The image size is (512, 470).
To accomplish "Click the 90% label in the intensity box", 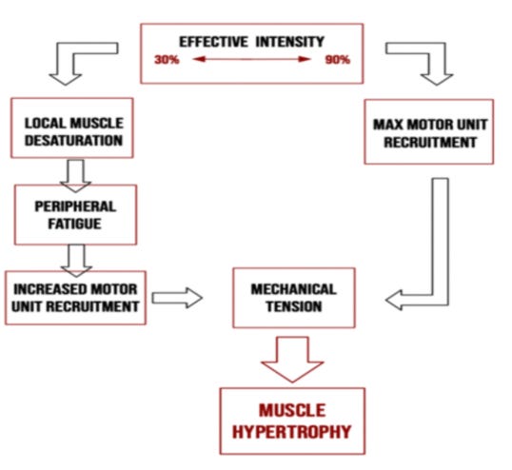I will click(x=337, y=60).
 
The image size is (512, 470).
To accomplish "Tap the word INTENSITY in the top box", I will click(x=289, y=42).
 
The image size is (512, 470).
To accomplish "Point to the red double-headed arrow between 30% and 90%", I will click(x=252, y=60).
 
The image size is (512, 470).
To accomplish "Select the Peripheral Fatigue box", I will click(x=75, y=214).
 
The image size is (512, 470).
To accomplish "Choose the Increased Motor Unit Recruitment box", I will click(x=75, y=297).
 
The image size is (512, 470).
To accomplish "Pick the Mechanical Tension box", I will click(x=293, y=298).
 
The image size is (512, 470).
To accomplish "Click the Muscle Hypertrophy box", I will click(x=291, y=419).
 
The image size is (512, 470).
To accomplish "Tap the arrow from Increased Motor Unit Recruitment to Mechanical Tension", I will click(x=178, y=298).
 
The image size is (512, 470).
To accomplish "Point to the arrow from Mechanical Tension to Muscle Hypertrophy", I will click(x=292, y=354).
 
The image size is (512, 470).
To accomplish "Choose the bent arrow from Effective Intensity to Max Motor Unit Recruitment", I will click(x=423, y=59).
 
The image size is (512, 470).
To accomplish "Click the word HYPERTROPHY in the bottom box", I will click(x=291, y=432).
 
